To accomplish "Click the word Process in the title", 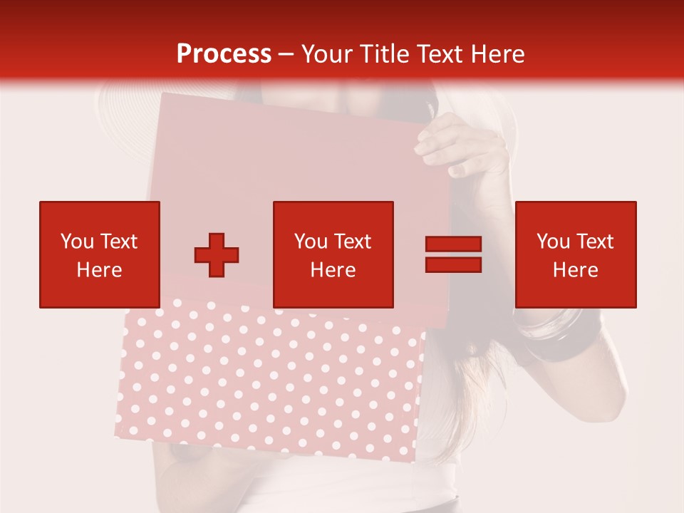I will tap(224, 54).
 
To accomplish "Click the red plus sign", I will tap(217, 255).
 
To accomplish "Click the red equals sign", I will tap(453, 254).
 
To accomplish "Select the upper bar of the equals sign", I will tap(453, 245).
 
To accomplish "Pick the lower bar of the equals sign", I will tap(453, 264).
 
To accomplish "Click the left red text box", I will tap(99, 254).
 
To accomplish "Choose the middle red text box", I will tap(333, 254).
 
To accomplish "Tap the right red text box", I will tap(575, 254).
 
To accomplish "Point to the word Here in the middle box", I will tap(333, 270).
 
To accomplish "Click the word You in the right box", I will tap(553, 242).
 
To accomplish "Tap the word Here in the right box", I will tap(575, 270).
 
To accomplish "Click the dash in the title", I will tap(286, 54).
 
